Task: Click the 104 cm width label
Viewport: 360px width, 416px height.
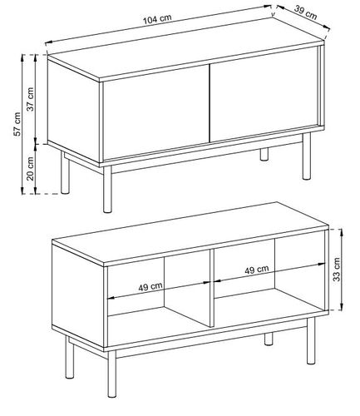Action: [x=157, y=18]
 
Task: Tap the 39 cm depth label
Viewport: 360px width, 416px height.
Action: [x=305, y=12]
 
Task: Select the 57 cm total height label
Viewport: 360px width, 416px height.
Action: [x=17, y=124]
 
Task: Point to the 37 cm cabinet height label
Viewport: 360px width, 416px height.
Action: [x=30, y=99]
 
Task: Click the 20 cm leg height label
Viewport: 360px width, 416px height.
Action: [x=30, y=169]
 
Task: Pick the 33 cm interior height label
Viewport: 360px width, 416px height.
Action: [x=337, y=270]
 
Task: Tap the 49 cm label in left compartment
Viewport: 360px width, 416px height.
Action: [x=150, y=287]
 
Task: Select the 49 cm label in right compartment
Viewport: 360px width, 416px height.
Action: [x=257, y=270]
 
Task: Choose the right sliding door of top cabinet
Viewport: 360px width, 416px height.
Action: [x=264, y=93]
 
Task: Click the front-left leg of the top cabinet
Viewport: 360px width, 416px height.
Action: [x=107, y=190]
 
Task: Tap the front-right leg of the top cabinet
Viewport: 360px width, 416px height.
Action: [x=307, y=156]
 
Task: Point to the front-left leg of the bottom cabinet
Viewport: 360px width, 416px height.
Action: [x=111, y=374]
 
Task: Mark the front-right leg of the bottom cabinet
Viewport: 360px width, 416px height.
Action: [x=311, y=341]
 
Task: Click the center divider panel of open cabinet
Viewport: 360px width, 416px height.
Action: [x=212, y=288]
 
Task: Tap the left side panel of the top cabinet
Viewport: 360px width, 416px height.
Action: [x=74, y=111]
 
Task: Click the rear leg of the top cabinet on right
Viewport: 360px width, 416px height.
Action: [x=264, y=154]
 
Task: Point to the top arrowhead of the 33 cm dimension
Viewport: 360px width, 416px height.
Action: [x=342, y=232]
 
